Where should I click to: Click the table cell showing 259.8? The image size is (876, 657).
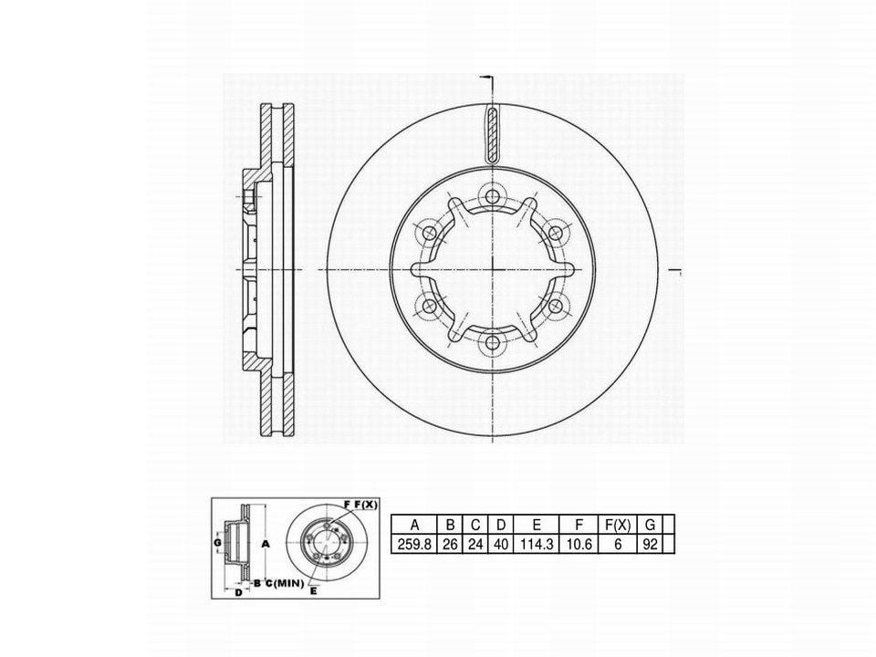point(414,544)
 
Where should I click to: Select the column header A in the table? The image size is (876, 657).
point(414,525)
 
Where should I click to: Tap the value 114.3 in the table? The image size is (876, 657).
point(537,544)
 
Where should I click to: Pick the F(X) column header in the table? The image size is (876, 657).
point(618,525)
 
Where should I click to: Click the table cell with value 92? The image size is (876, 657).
point(650,544)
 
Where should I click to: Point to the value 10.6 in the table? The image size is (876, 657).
point(579,544)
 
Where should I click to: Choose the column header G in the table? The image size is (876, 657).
point(650,525)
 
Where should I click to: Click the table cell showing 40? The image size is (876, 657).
point(501,544)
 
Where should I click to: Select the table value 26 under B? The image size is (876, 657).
point(450,544)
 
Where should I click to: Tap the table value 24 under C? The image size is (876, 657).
point(476,544)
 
